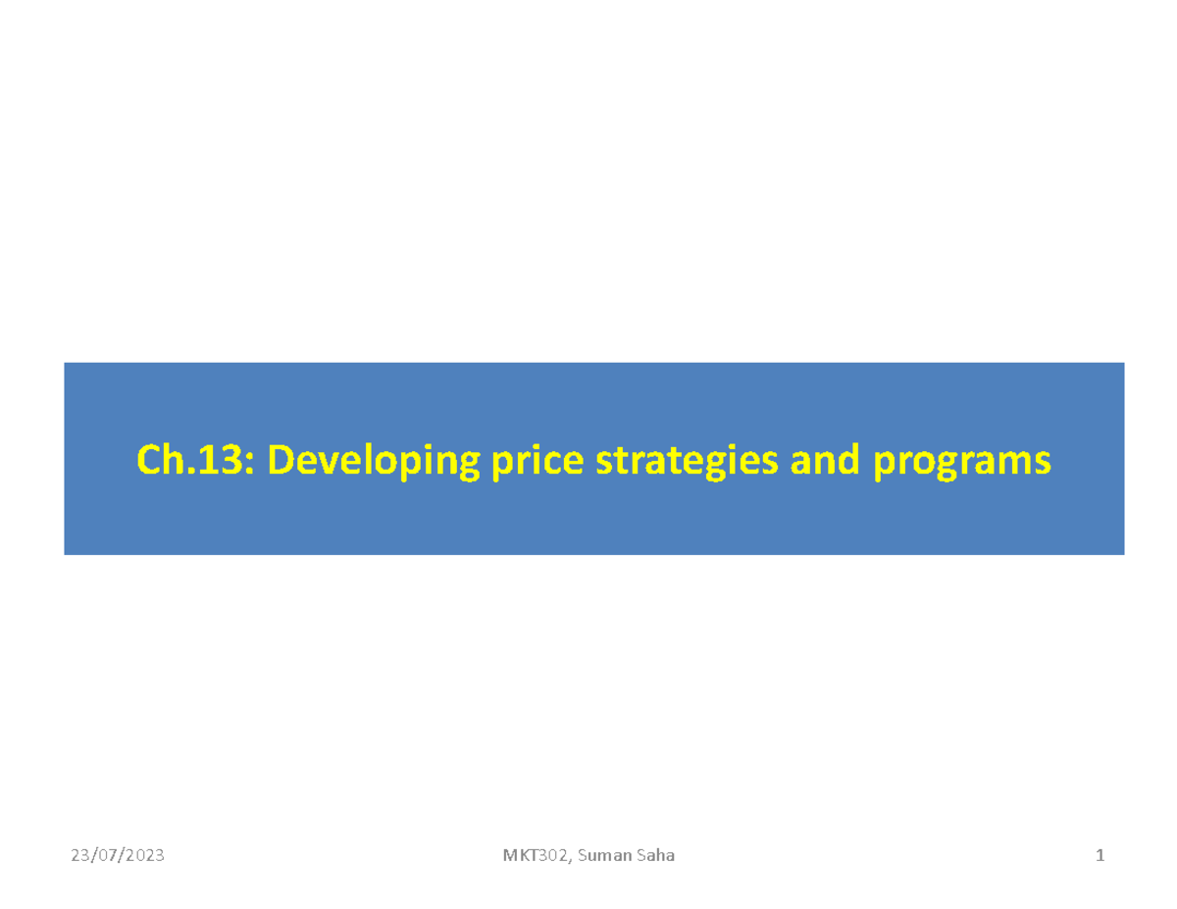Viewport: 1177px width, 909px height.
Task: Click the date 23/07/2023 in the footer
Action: [118, 856]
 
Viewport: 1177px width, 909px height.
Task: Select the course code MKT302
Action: [536, 856]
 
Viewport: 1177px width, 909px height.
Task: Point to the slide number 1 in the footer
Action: [1100, 856]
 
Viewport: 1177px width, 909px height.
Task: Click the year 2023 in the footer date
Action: [144, 856]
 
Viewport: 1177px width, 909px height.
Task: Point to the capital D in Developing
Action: [281, 459]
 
